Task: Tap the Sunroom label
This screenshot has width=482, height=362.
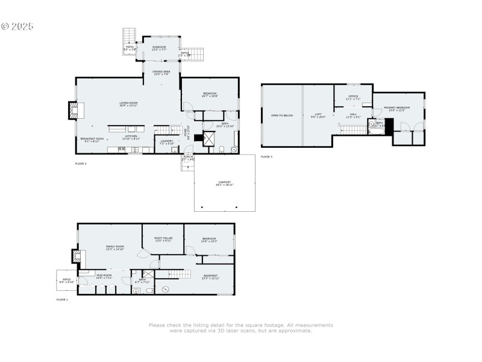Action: (x=159, y=48)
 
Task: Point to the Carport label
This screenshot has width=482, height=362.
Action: (x=225, y=183)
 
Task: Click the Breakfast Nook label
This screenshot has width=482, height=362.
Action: (x=93, y=140)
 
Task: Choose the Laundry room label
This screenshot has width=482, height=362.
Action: (x=166, y=142)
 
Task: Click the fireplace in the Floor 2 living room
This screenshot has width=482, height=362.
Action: (x=72, y=110)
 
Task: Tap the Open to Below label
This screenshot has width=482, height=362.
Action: (x=281, y=115)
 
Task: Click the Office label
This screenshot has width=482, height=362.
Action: (x=353, y=97)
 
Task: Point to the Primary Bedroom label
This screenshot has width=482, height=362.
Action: (x=399, y=109)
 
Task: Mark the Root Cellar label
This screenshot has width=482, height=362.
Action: (x=163, y=239)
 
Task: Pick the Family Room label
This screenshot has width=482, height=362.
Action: (x=114, y=247)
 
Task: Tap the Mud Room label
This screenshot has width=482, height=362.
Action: (x=104, y=276)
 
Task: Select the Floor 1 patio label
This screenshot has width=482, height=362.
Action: (x=66, y=281)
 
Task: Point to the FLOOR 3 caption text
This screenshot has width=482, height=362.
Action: (x=266, y=157)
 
